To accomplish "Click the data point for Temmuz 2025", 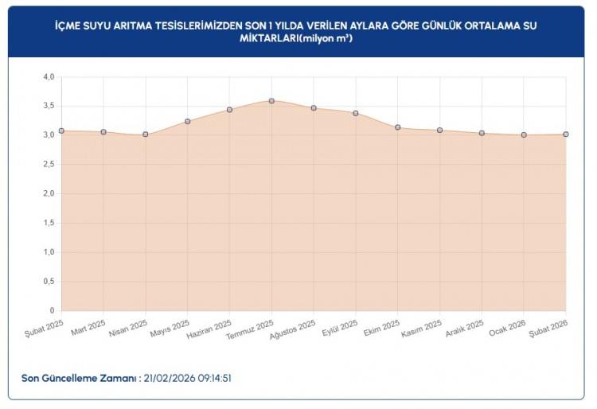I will point(271,101).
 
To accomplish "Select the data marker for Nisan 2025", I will point(146,134).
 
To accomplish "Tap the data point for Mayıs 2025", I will point(188,122).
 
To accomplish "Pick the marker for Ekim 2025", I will point(397,127).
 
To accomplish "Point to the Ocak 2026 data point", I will point(524,135).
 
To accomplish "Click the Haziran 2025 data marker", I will point(229,110).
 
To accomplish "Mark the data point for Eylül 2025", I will point(356,113).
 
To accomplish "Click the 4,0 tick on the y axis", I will point(49,77).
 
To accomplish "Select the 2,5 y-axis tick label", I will point(49,165).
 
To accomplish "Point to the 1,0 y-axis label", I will point(49,252).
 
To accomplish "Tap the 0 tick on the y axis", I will point(52,310).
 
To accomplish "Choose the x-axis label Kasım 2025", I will point(422,328).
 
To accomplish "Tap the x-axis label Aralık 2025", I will point(464,328).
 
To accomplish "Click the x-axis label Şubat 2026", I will point(549,328).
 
